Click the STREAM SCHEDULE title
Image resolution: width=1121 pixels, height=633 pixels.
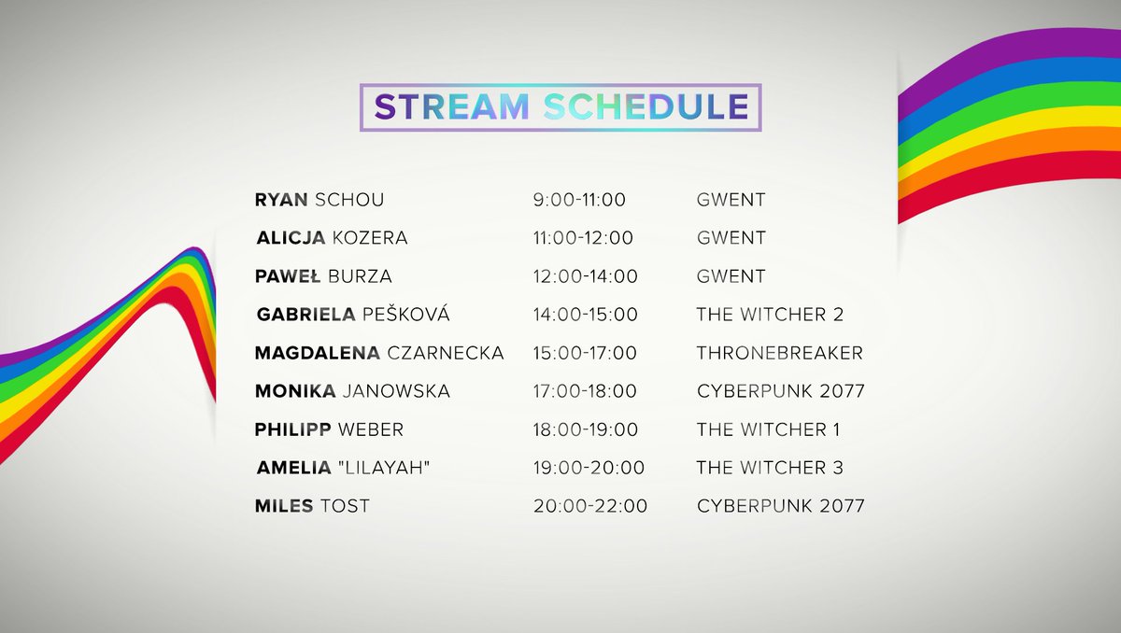(x=560, y=106)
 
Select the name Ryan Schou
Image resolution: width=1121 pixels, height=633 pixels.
(x=319, y=200)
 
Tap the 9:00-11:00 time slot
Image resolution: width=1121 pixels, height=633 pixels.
(x=579, y=200)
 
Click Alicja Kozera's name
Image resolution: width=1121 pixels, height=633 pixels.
(x=332, y=238)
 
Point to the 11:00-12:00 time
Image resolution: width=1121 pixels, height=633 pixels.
(x=583, y=238)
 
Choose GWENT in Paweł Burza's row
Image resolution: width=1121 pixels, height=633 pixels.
(x=731, y=276)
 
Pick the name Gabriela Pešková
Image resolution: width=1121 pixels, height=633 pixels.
(x=352, y=315)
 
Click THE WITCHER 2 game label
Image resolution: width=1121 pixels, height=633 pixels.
(x=770, y=315)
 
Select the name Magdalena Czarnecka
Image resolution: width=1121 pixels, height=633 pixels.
(x=379, y=353)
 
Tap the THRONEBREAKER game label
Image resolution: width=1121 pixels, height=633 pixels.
(x=779, y=353)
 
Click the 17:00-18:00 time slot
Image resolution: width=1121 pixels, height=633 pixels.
(x=585, y=391)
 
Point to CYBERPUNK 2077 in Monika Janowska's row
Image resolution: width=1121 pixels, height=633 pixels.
(x=780, y=391)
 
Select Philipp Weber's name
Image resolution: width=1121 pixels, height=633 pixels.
(x=329, y=429)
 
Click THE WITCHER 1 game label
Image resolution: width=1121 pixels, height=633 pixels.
(x=768, y=429)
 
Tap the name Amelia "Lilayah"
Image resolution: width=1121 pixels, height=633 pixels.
(x=343, y=468)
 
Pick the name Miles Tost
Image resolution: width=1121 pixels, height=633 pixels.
(x=312, y=506)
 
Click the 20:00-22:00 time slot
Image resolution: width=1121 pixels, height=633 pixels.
(x=590, y=506)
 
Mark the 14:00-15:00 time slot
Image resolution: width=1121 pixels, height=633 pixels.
(x=586, y=315)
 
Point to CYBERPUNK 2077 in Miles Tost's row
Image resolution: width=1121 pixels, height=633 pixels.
(x=780, y=506)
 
